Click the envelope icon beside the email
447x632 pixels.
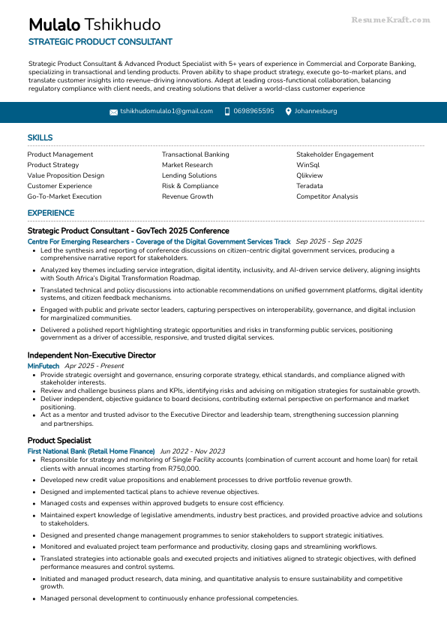tap(113, 112)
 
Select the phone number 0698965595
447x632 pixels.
tap(253, 111)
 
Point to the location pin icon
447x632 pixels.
tap(288, 112)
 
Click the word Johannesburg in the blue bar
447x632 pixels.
tap(316, 111)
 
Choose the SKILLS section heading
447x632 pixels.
tap(40, 138)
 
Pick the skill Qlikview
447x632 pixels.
tap(310, 175)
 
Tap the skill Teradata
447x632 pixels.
tap(310, 186)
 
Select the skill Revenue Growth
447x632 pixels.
tap(187, 196)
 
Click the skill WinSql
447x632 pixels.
tap(307, 165)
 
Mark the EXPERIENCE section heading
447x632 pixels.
tap(51, 214)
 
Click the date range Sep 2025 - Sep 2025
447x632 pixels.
tap(328, 241)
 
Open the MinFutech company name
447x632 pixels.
tap(43, 366)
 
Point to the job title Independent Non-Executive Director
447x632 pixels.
tap(91, 355)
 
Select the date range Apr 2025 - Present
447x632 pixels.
tap(94, 366)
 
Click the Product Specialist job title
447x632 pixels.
tap(59, 441)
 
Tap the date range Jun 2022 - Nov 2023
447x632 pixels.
tap(192, 451)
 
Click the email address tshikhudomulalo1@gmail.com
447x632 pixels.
tap(166, 111)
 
